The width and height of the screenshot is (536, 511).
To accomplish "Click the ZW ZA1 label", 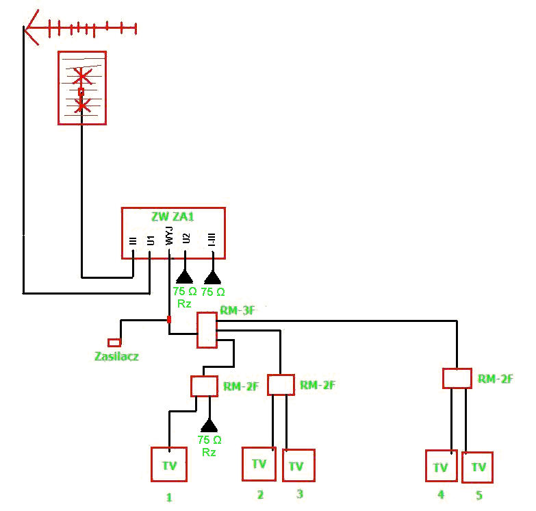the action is click(x=173, y=216).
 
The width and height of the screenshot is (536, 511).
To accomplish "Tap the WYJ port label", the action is click(x=169, y=236).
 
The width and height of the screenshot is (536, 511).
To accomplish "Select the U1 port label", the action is click(x=151, y=240).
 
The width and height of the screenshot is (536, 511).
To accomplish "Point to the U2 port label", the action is click(x=186, y=238).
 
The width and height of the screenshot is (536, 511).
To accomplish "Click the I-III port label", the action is click(x=212, y=240).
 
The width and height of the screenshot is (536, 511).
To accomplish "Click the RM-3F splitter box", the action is click(x=207, y=330).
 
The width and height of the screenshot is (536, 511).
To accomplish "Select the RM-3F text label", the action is click(x=238, y=310).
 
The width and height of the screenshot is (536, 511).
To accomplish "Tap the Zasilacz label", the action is click(x=116, y=356).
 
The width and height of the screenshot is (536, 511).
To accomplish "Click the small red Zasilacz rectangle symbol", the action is click(x=114, y=342).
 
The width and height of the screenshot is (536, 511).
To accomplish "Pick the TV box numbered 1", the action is click(x=169, y=464).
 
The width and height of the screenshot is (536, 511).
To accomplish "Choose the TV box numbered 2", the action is click(x=259, y=464).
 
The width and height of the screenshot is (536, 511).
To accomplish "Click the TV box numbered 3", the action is click(x=298, y=465).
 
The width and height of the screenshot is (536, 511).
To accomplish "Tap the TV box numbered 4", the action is click(x=442, y=466).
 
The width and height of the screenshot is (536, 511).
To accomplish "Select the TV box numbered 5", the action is click(x=477, y=467).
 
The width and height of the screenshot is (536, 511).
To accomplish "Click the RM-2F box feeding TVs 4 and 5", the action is click(x=457, y=378).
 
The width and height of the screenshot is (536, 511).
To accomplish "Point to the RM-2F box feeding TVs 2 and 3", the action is click(x=281, y=385).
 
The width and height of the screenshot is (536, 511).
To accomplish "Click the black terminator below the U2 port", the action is click(x=185, y=277).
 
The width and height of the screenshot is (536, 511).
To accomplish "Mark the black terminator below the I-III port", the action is click(x=213, y=277).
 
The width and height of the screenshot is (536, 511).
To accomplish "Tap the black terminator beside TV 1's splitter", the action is click(x=209, y=425).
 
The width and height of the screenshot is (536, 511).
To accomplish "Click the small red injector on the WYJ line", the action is click(x=169, y=319).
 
